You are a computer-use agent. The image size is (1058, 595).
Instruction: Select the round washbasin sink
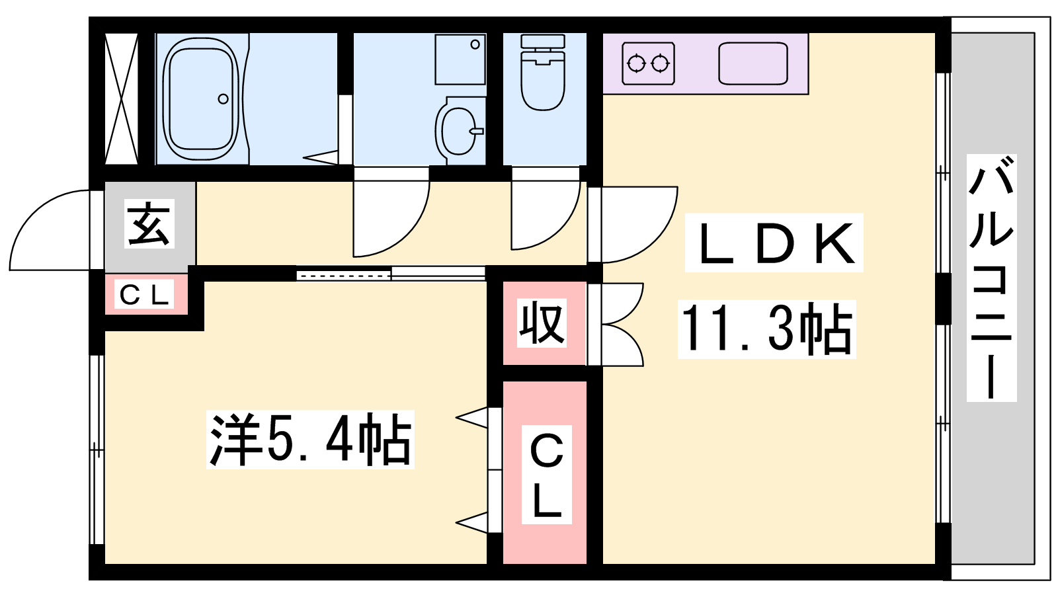click(x=458, y=130)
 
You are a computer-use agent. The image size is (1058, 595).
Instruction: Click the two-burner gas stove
click(x=648, y=63)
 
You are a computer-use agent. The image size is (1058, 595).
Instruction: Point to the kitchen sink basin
click(x=753, y=63)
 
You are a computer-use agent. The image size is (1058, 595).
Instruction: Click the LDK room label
click(x=774, y=243)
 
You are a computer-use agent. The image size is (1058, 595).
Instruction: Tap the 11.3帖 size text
click(x=766, y=329)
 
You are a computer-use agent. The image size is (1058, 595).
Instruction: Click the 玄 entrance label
click(x=149, y=223)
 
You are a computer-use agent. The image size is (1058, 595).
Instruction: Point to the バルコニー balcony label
click(x=991, y=278)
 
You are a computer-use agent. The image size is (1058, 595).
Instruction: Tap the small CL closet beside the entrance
click(x=145, y=295)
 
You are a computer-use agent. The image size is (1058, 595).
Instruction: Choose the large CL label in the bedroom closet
click(x=546, y=475)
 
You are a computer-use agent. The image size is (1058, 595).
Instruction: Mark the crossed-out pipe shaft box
click(x=122, y=99)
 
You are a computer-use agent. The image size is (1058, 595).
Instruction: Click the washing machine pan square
click(x=460, y=59)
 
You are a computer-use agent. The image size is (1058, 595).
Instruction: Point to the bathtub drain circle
click(x=224, y=99)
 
